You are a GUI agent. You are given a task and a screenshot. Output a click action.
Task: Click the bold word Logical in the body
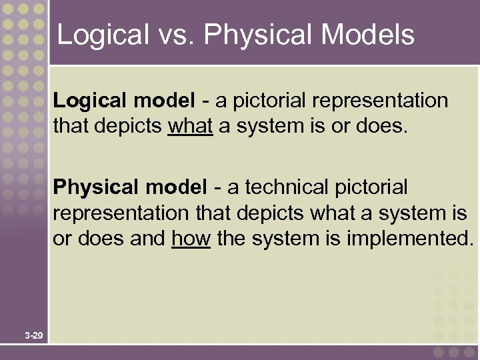[90, 101]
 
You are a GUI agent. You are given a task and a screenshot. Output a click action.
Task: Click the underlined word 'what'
[191, 125]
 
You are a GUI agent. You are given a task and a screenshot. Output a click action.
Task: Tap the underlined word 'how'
[191, 238]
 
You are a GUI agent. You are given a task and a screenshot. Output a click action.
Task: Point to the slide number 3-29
[34, 335]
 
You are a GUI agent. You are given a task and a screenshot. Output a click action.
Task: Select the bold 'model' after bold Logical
[164, 101]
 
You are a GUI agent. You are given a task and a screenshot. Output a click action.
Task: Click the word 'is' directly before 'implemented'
[334, 238]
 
